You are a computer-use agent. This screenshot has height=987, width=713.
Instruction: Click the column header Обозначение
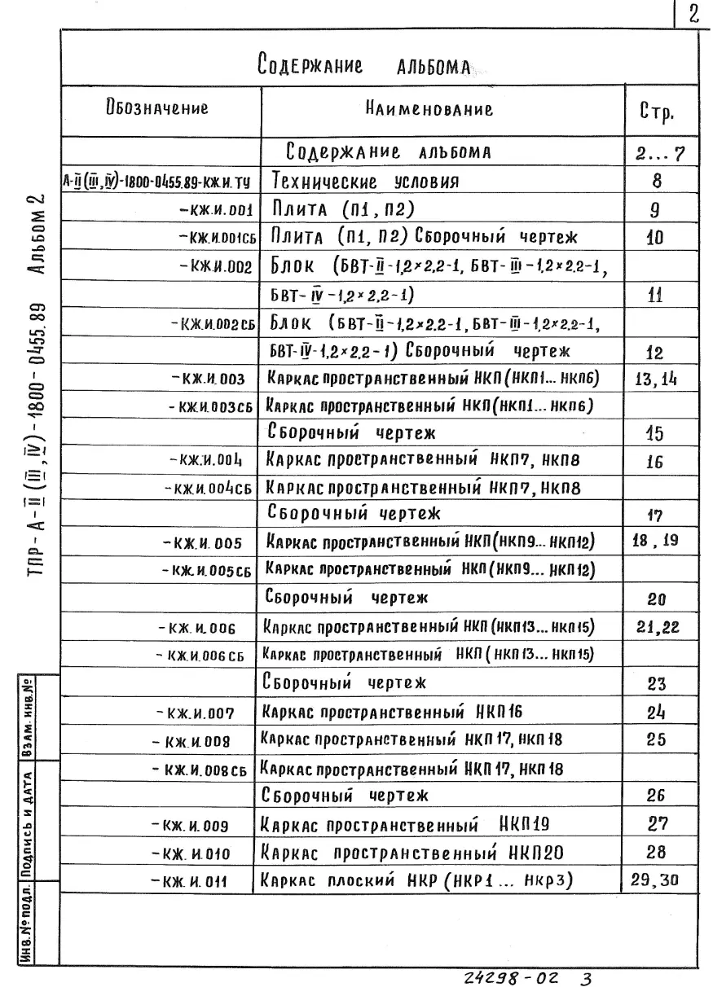tap(156, 108)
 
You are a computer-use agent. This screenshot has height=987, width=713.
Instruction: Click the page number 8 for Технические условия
tap(658, 181)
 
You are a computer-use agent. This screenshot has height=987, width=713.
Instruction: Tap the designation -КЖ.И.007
tap(195, 714)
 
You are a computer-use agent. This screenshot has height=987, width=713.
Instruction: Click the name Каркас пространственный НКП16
tap(391, 712)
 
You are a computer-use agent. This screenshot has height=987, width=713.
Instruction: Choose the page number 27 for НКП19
tap(658, 823)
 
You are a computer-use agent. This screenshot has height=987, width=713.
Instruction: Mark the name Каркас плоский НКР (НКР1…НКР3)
tap(416, 880)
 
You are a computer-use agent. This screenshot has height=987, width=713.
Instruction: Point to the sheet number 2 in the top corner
tap(695, 15)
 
